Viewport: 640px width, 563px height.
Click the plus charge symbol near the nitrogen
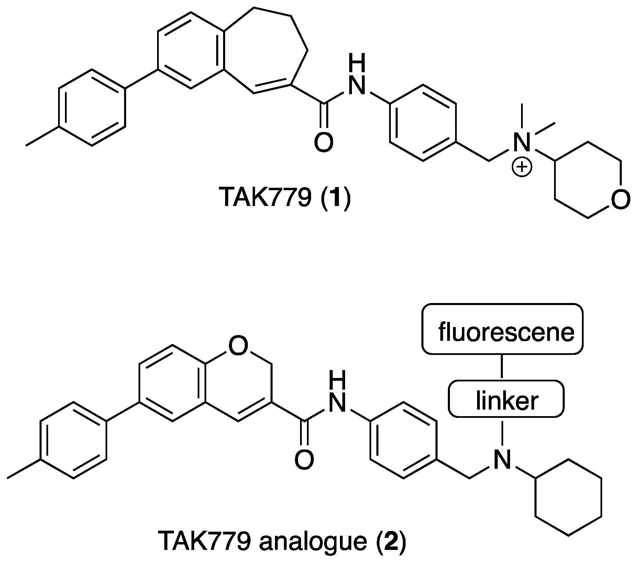pos(521,167)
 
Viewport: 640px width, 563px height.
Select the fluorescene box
pos(502,333)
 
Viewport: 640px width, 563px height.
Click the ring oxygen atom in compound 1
pos(620,199)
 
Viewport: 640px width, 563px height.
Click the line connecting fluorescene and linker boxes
pos(502,367)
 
